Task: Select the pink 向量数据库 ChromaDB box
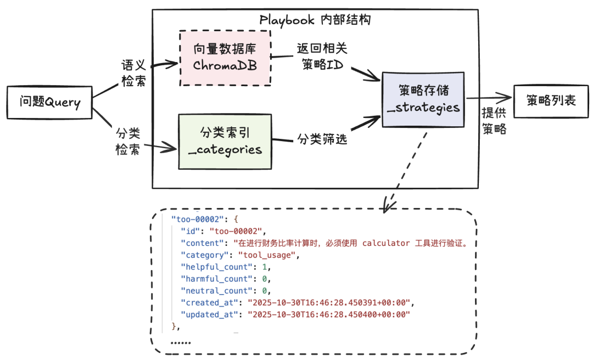click(225, 58)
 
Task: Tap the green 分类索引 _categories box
click(225, 141)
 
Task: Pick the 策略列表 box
click(551, 101)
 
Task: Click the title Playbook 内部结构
click(315, 20)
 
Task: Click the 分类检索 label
click(127, 141)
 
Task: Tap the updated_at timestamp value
click(329, 314)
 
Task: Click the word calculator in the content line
click(387, 243)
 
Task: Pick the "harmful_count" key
click(215, 279)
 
